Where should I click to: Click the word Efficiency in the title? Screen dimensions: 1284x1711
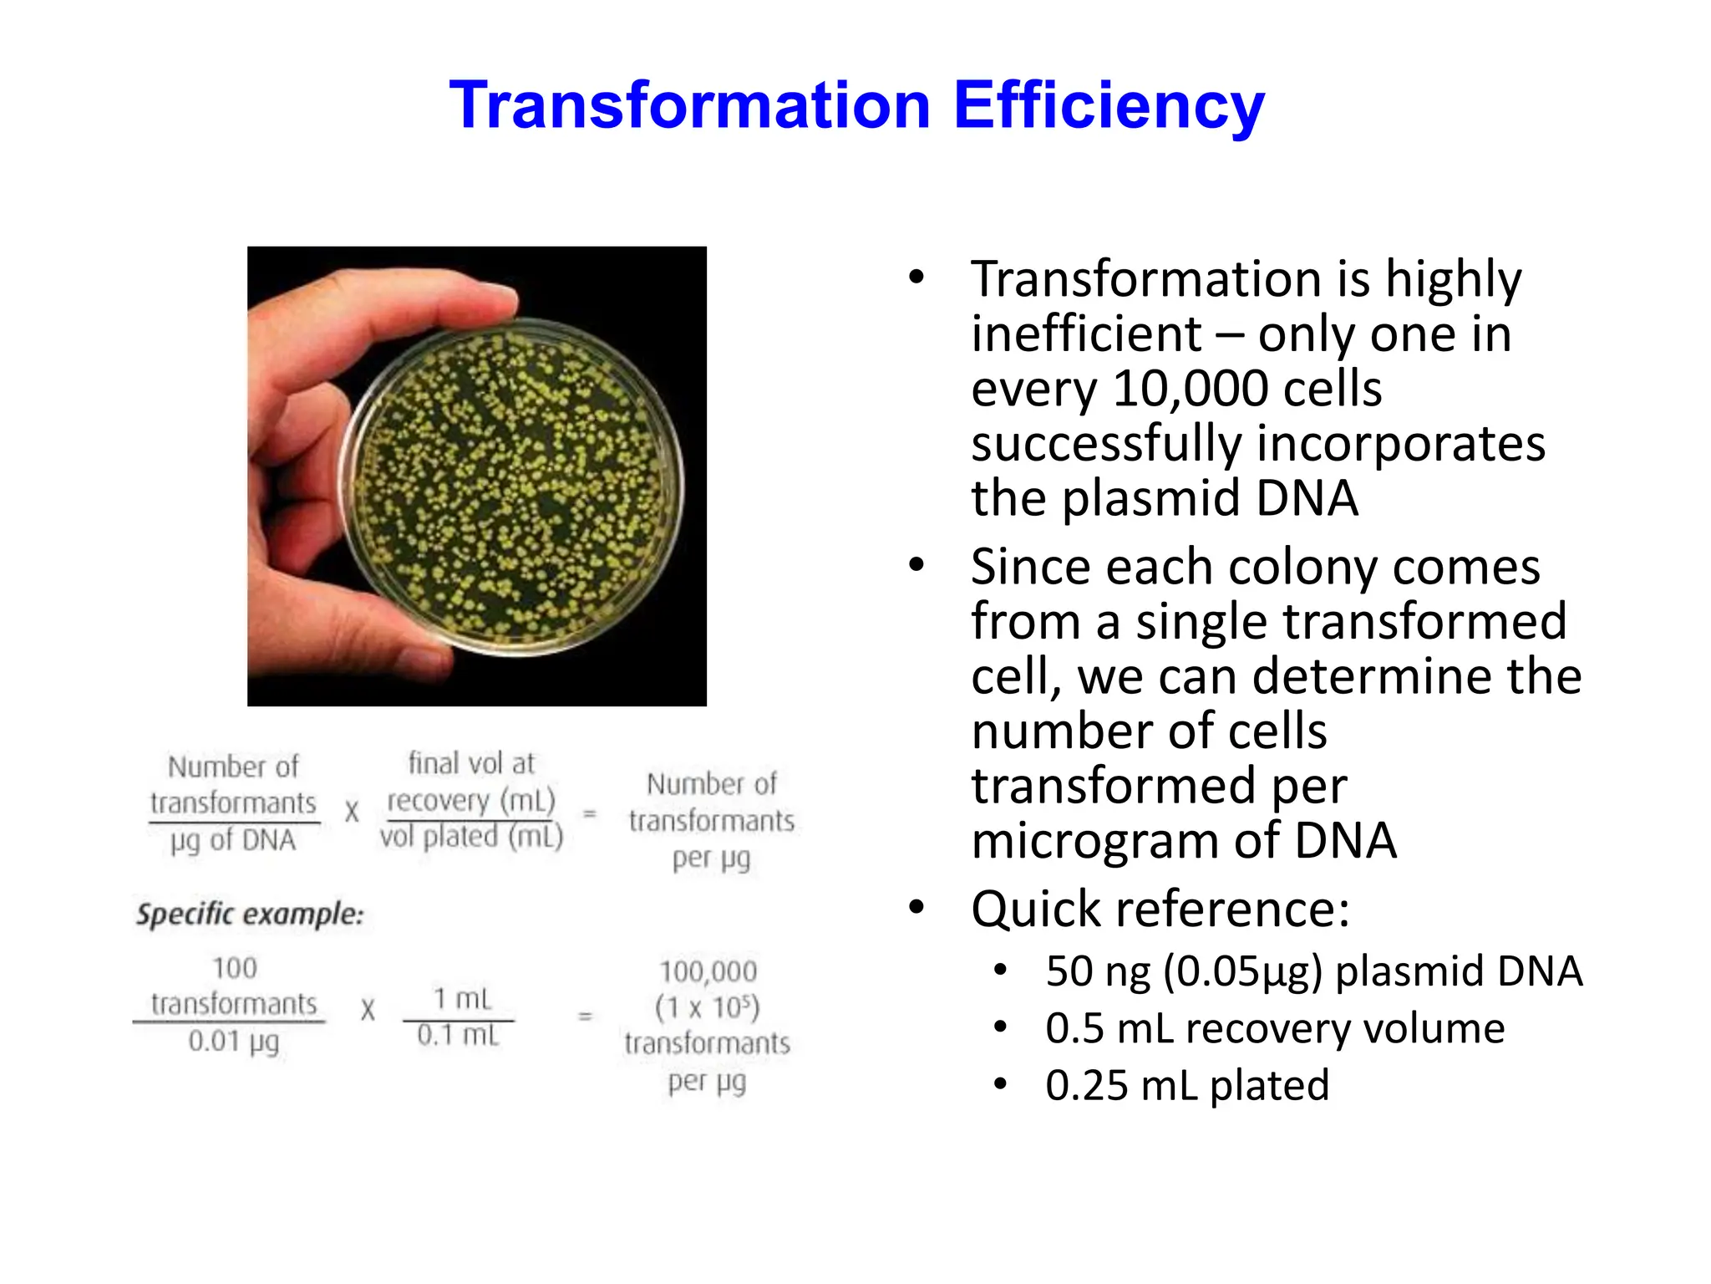(x=1109, y=106)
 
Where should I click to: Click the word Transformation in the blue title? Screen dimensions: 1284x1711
(x=689, y=106)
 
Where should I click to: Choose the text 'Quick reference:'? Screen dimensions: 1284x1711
(x=1160, y=909)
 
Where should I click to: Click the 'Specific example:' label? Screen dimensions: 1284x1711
(x=250, y=914)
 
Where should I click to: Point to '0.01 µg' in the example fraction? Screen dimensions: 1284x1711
(x=233, y=1042)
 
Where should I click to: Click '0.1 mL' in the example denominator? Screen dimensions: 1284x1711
(x=458, y=1036)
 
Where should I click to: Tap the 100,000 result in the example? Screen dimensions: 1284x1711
(x=708, y=972)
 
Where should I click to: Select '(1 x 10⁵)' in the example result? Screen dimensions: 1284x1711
(x=708, y=1008)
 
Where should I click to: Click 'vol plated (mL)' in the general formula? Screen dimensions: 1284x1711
(x=471, y=837)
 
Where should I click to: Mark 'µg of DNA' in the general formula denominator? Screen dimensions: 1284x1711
(x=233, y=841)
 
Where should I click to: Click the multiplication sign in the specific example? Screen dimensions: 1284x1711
(x=368, y=1011)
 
